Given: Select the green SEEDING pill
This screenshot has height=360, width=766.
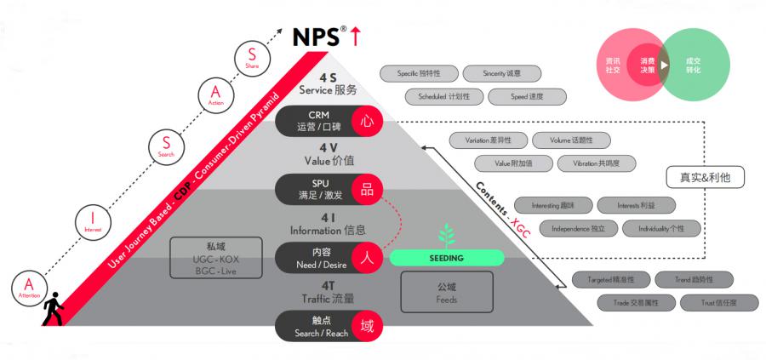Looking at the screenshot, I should pyautogui.click(x=446, y=257).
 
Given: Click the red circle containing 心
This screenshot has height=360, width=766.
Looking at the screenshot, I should pyautogui.click(x=367, y=122).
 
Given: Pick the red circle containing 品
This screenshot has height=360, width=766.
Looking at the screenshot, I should pyautogui.click(x=367, y=190).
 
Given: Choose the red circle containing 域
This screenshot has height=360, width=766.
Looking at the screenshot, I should pyautogui.click(x=367, y=326).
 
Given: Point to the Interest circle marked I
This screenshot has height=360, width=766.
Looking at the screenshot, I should pyautogui.click(x=93, y=220).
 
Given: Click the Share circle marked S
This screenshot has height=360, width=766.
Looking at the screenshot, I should pyautogui.click(x=252, y=59).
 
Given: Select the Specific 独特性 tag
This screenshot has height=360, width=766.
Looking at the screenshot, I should pyautogui.click(x=419, y=74).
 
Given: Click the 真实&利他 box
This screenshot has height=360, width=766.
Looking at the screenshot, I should pyautogui.click(x=706, y=178).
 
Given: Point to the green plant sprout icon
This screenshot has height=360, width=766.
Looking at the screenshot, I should pyautogui.click(x=445, y=234).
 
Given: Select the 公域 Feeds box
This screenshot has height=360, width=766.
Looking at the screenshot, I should pyautogui.click(x=447, y=294).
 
